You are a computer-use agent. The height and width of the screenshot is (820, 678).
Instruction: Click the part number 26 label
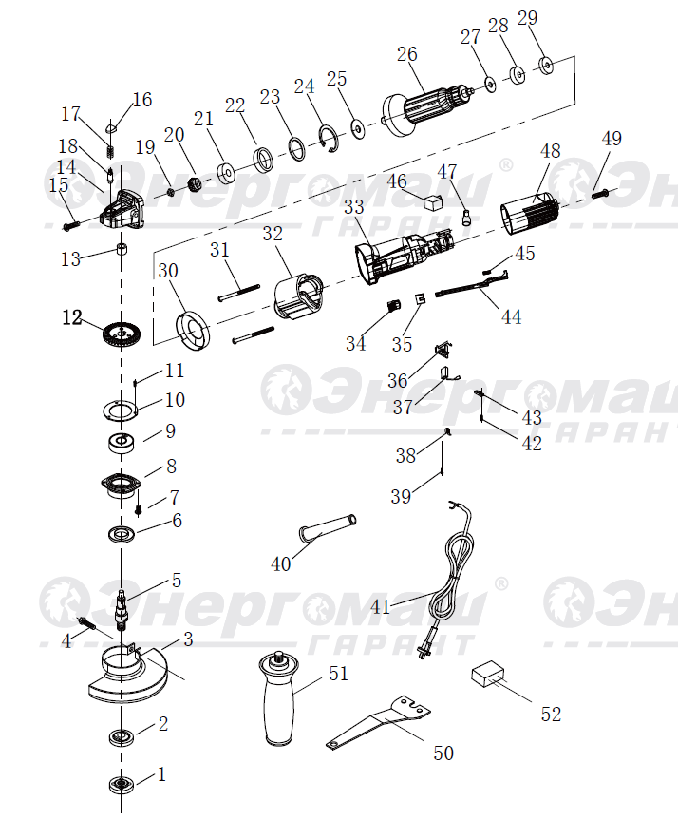click(x=406, y=54)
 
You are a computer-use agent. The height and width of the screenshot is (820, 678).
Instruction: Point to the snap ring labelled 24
click(x=330, y=139)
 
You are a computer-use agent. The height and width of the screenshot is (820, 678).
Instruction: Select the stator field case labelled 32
click(x=299, y=295)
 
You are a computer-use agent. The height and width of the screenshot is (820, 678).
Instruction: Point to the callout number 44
click(x=511, y=317)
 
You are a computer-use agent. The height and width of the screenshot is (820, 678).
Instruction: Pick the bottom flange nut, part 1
click(x=122, y=785)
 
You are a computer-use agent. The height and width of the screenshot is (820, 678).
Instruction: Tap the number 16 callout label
click(x=142, y=100)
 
